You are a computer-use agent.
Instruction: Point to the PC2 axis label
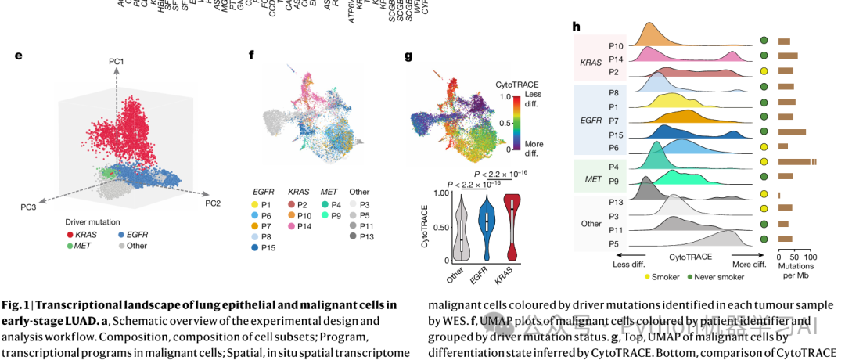tap(213, 203)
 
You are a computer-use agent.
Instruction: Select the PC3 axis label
tap(29, 207)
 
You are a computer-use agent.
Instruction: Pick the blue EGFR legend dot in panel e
tap(120, 234)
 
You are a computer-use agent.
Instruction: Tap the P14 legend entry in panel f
tap(302, 225)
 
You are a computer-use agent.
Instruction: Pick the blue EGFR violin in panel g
tap(487, 226)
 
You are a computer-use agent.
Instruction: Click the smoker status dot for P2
tap(763, 71)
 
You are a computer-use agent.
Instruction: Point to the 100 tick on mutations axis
tap(811, 257)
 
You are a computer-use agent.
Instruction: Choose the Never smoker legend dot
tap(691, 275)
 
